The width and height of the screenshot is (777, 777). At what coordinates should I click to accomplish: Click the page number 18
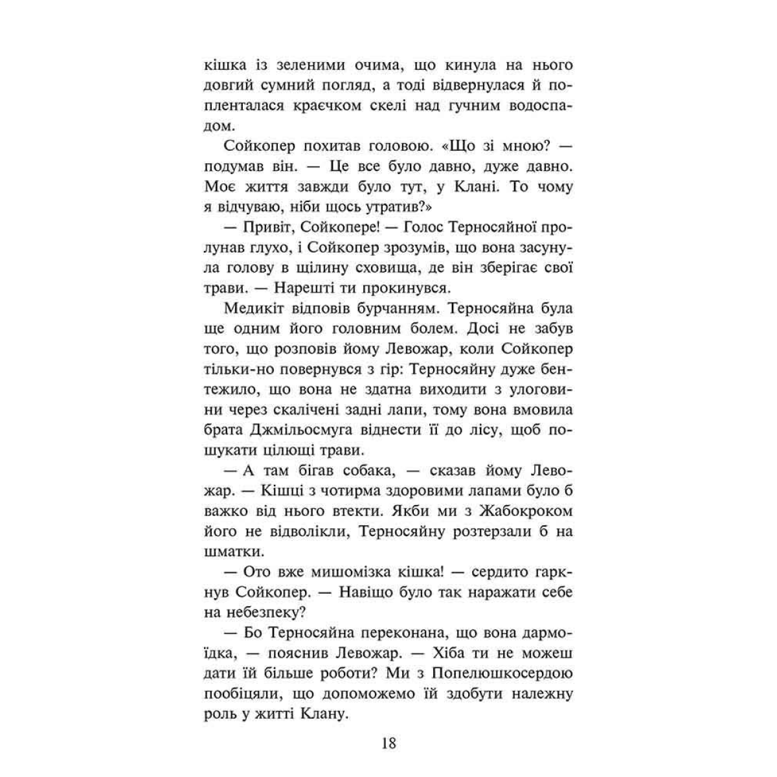(x=388, y=742)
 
